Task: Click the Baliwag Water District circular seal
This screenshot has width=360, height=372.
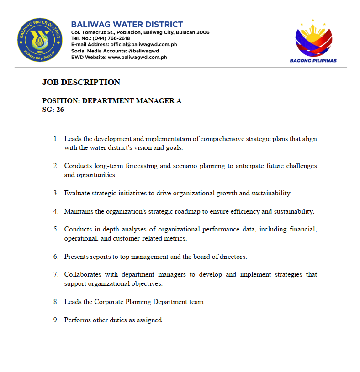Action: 39,40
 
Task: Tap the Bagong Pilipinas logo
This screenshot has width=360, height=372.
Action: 313,41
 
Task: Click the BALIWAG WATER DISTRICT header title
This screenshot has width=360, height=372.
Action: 127,25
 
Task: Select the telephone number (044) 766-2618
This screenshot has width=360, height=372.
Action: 111,38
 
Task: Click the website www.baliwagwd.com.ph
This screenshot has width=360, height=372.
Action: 138,57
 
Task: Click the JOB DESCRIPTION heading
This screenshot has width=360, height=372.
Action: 81,82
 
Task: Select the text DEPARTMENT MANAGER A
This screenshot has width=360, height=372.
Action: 132,101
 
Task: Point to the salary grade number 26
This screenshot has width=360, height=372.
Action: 60,110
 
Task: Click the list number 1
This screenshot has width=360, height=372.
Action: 55,139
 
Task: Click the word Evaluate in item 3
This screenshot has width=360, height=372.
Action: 76,193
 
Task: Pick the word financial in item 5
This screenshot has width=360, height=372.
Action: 303,230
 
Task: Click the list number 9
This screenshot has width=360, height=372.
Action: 55,320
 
